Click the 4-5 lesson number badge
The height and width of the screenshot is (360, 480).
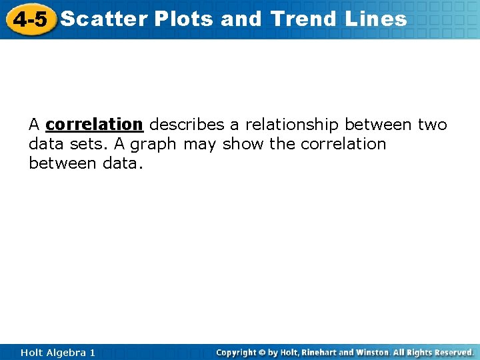click(x=30, y=19)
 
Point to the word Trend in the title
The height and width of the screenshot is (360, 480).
click(x=305, y=19)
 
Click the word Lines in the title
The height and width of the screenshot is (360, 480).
click(x=376, y=19)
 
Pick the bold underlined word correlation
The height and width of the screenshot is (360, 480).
click(x=94, y=125)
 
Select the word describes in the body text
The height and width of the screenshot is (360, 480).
click(x=187, y=125)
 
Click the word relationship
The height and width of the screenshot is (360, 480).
click(x=293, y=125)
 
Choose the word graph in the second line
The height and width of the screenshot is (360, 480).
click(x=153, y=144)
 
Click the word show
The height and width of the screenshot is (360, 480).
click(x=243, y=144)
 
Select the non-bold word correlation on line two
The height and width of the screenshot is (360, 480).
click(x=343, y=144)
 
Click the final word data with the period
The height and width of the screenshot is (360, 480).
click(x=121, y=163)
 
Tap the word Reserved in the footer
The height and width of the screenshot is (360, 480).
click(x=452, y=352)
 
